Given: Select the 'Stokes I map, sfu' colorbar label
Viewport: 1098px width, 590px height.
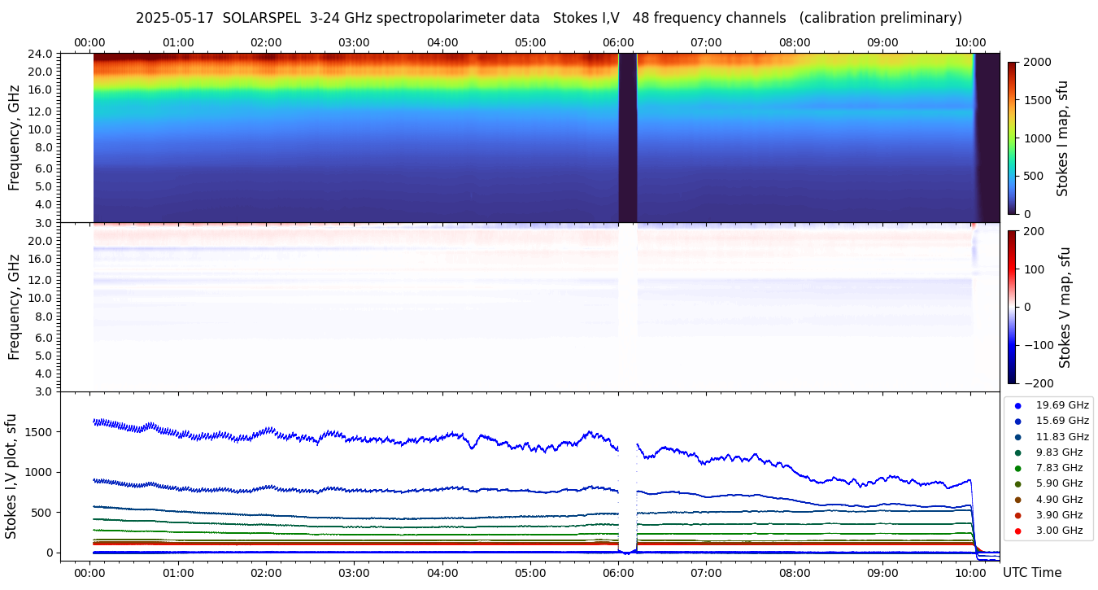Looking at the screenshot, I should (x=1062, y=138).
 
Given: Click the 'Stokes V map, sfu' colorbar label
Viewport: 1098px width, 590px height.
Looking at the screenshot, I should (x=1064, y=308).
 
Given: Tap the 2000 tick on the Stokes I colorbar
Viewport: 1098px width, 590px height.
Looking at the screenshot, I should (x=1037, y=63).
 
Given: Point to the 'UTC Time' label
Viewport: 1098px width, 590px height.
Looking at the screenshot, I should (x=1034, y=573).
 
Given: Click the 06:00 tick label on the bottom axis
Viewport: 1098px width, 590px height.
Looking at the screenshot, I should (x=618, y=573).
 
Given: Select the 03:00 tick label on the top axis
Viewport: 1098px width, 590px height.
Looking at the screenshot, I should (x=354, y=42).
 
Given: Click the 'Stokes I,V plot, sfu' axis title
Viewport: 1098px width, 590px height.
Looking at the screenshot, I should (x=11, y=476).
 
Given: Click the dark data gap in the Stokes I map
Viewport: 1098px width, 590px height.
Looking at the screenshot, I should (x=627, y=138).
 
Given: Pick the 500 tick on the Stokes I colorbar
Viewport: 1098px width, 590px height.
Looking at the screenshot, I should (x=1034, y=177).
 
